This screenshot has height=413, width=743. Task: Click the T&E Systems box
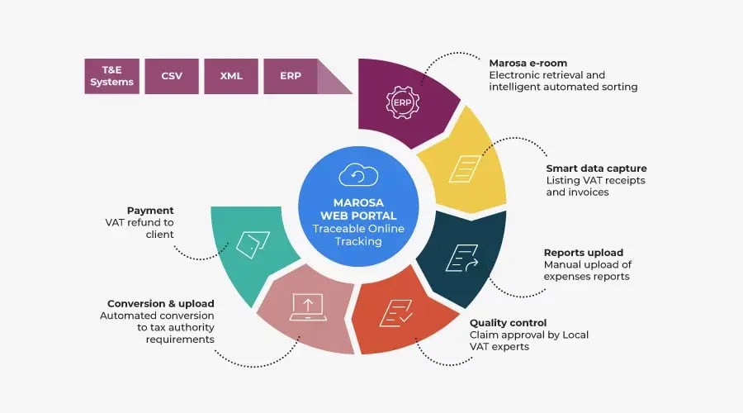[x=111, y=76]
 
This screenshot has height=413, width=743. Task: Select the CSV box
[x=171, y=76]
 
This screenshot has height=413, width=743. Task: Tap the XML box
[x=231, y=76]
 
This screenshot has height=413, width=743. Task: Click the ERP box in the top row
[x=291, y=76]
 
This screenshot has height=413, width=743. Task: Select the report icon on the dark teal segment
[x=461, y=259]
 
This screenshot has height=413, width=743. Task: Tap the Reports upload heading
[x=583, y=253]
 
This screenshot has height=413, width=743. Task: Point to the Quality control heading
[x=509, y=322]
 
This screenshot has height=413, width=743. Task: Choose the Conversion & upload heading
[x=160, y=303]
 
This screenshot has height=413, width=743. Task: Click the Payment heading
[x=150, y=210]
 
